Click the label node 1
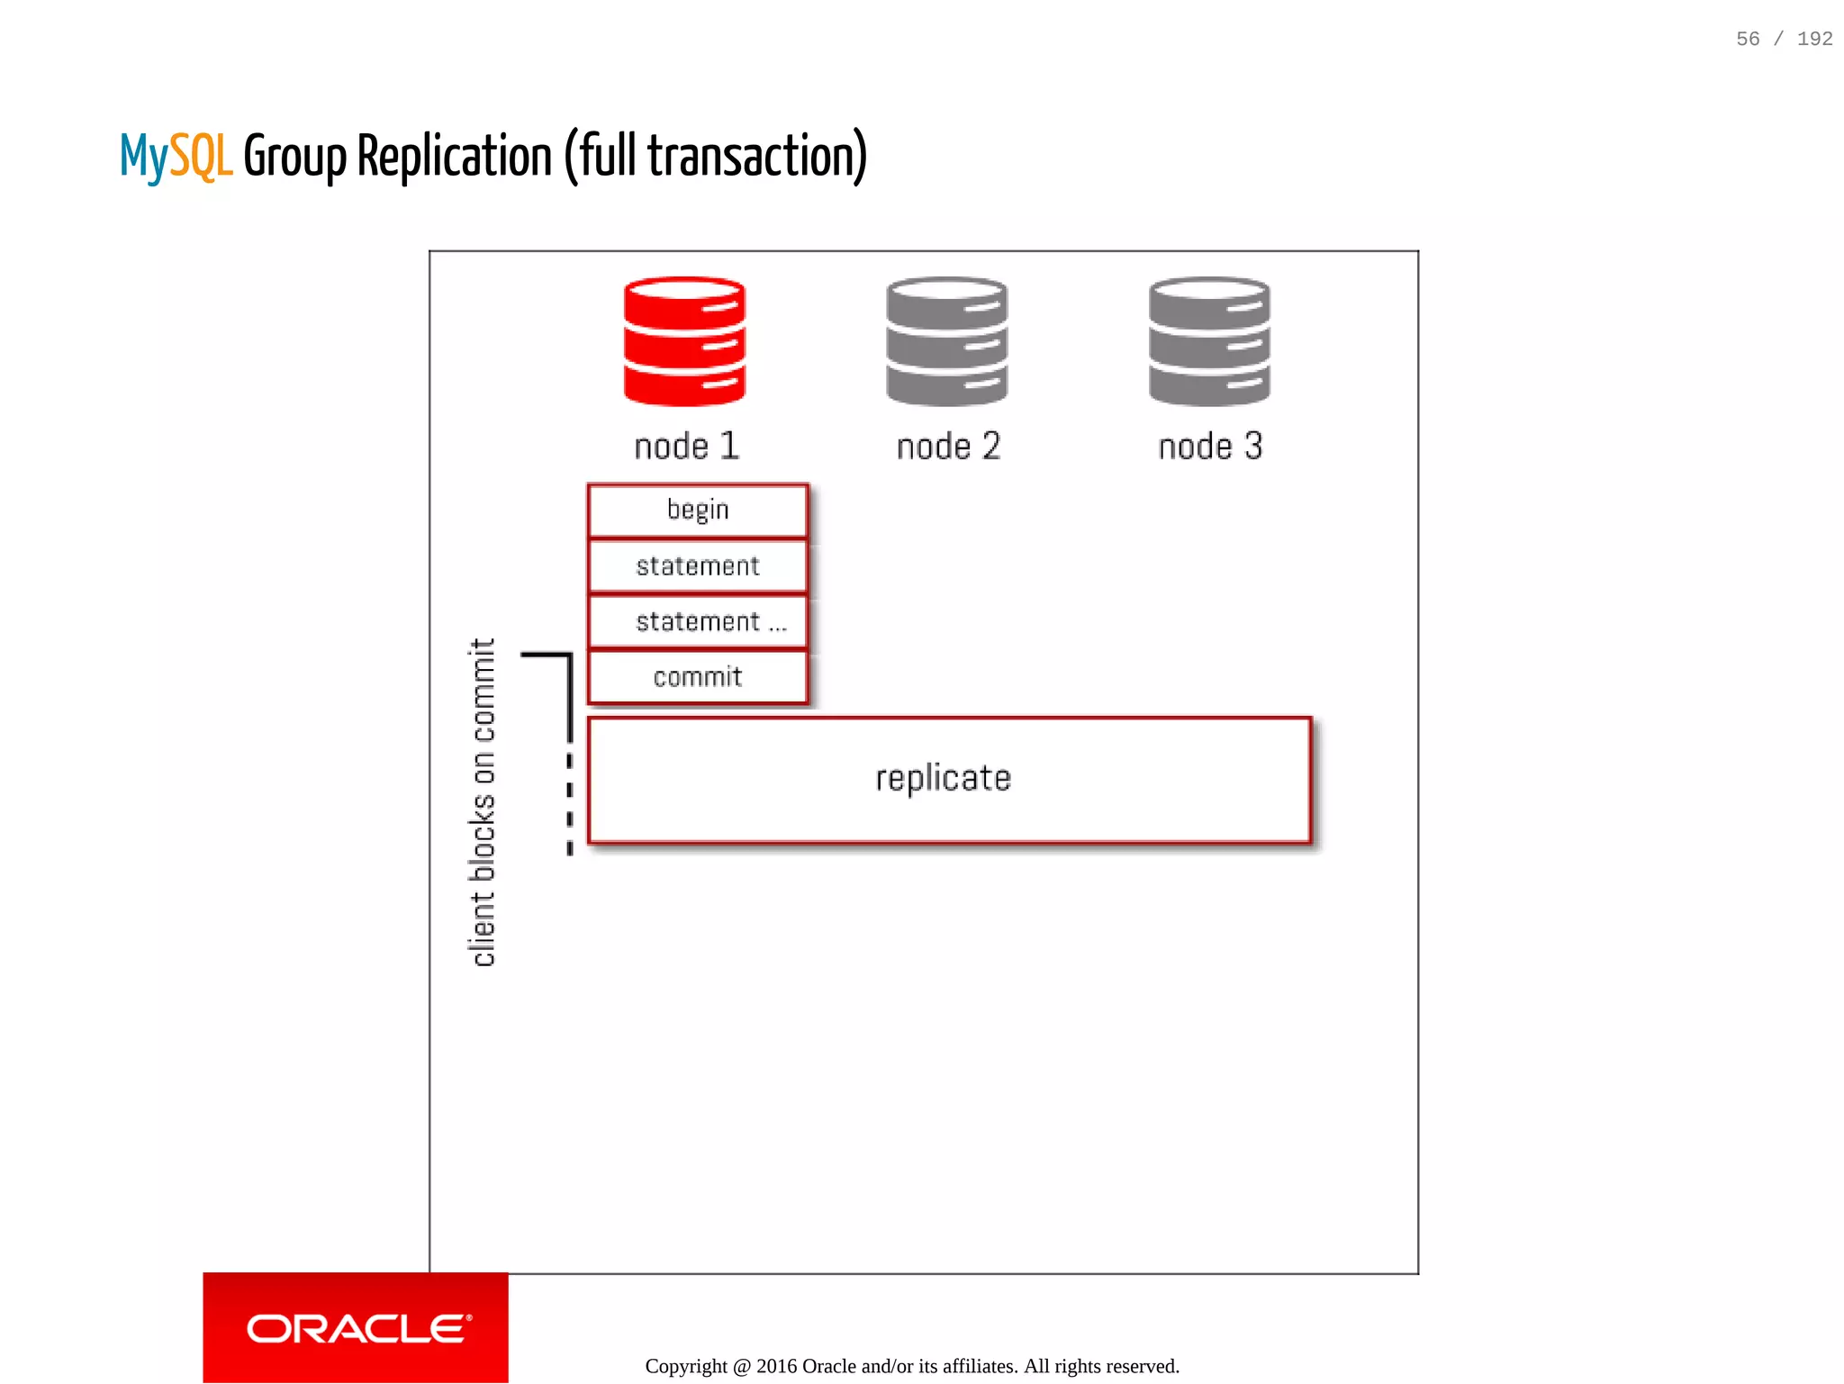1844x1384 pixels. pyautogui.click(x=686, y=447)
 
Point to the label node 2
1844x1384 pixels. pyautogui.click(x=948, y=447)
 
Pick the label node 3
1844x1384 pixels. pyautogui.click(x=1210, y=447)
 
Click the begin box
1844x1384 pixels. pyautogui.click(x=698, y=511)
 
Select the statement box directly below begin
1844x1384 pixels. pyautogui.click(x=698, y=566)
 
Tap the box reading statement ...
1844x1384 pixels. pyautogui.click(x=698, y=622)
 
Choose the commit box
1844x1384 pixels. pyautogui.click(x=698, y=677)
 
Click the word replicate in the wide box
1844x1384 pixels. pyautogui.click(x=943, y=779)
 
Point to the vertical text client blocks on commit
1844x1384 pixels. pyautogui.click(x=483, y=802)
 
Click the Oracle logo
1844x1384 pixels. pyautogui.click(x=356, y=1328)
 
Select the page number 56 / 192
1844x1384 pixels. pyautogui.click(x=1784, y=39)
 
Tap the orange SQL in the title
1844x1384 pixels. pyautogui.click(x=201, y=156)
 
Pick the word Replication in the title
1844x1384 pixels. pyautogui.click(x=455, y=156)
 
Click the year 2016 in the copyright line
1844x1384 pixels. pyautogui.click(x=776, y=1366)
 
